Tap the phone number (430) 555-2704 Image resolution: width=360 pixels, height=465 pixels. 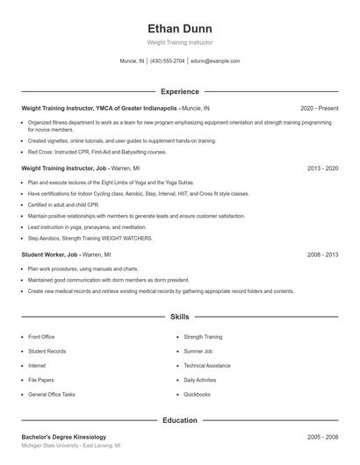coord(167,61)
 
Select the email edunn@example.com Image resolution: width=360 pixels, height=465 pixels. coord(215,61)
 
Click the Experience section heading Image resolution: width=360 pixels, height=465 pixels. coord(180,91)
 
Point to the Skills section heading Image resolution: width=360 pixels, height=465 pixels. coord(180,316)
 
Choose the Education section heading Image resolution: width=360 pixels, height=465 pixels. coord(180,420)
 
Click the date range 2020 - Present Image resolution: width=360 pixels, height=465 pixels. coord(319,108)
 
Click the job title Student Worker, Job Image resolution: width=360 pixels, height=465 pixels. coord(50,254)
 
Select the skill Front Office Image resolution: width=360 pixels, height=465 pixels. coord(41,337)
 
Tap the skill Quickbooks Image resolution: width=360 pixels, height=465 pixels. coord(197,395)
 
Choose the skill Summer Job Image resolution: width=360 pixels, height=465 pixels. coord(198,351)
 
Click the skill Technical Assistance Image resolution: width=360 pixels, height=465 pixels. coord(207,366)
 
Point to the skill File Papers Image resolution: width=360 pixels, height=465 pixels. coord(40,380)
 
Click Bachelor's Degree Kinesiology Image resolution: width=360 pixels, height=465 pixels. coord(63,437)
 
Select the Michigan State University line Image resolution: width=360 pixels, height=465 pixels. coord(70,447)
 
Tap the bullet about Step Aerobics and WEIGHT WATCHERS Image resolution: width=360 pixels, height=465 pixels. coord(90,238)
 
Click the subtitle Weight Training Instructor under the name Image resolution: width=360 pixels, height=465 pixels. coord(180,42)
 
